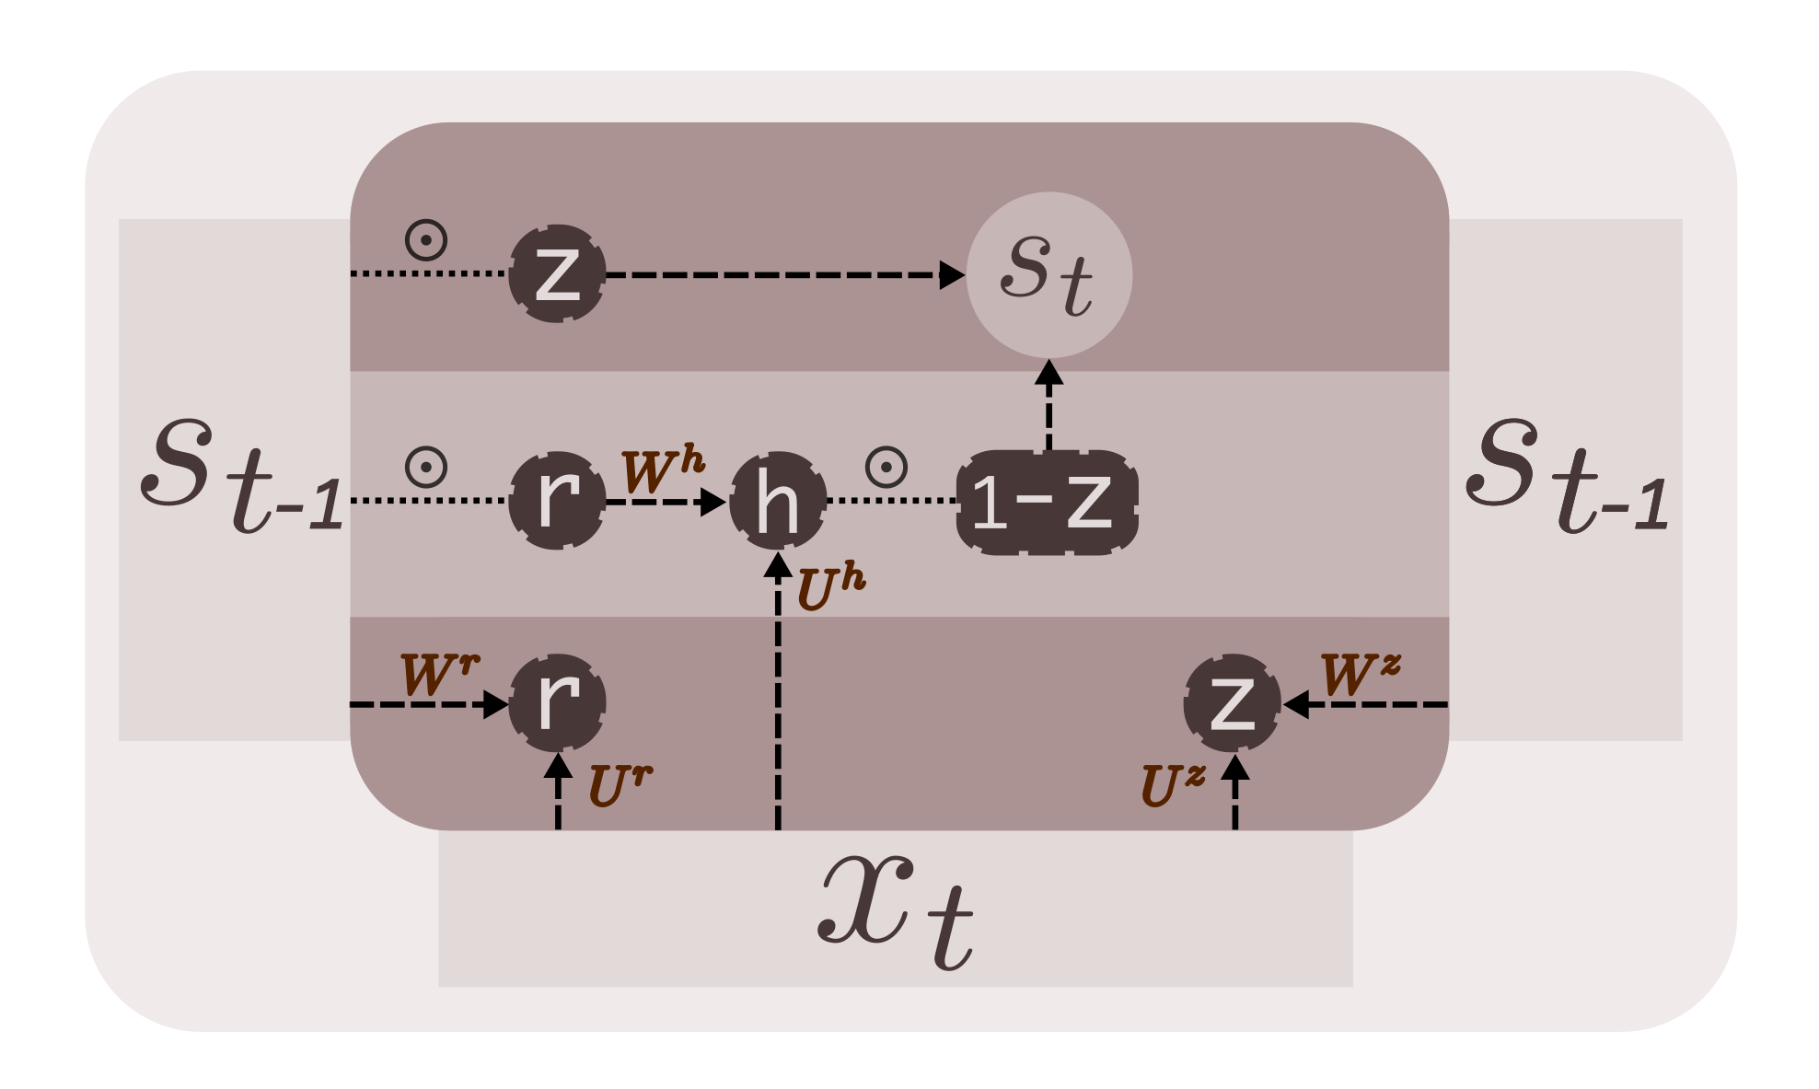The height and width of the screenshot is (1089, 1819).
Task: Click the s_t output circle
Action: coord(1049,274)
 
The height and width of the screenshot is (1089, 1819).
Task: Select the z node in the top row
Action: coord(557,273)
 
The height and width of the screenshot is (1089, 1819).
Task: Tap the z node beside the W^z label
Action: coord(1232,702)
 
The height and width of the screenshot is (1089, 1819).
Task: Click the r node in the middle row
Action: coord(557,501)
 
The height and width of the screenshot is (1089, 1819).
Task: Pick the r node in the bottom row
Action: coord(557,702)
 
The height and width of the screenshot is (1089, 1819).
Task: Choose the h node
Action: coord(778,501)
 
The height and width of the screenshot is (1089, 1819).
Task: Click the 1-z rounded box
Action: coord(1048,502)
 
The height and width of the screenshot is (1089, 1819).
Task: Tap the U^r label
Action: coord(620,785)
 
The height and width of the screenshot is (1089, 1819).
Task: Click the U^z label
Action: coord(1172,785)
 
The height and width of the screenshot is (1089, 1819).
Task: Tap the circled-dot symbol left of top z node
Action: coord(426,240)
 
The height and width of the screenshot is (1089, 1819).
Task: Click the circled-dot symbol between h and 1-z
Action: coord(886,468)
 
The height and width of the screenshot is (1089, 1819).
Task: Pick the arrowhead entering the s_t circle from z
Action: coord(952,274)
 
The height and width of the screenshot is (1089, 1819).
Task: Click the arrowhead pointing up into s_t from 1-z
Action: coord(1049,372)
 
